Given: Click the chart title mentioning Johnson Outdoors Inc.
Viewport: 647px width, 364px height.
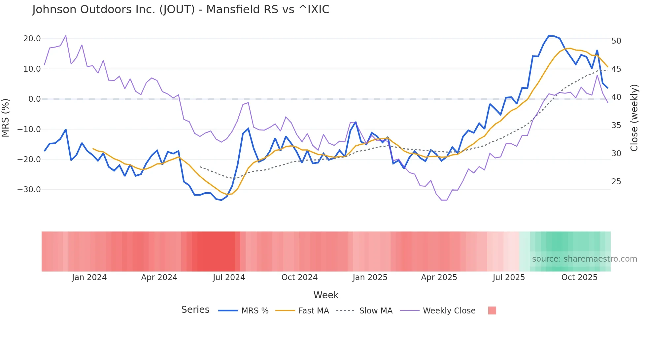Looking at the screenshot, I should tap(181, 10).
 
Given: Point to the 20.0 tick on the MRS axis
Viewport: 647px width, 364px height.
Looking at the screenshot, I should tap(32, 39).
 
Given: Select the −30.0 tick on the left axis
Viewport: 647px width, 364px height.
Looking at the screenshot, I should tap(29, 190).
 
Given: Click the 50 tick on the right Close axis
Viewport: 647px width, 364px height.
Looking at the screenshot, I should tap(616, 41).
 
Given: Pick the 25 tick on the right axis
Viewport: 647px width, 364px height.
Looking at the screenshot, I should tap(616, 182).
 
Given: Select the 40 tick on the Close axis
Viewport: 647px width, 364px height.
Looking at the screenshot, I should tap(616, 97).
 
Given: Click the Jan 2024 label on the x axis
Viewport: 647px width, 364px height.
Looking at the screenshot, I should tap(89, 277).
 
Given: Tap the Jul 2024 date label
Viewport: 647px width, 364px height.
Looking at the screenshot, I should tap(229, 277).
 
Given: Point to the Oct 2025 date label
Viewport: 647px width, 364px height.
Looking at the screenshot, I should tap(579, 277).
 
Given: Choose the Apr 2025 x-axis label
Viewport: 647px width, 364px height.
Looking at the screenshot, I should tap(439, 277).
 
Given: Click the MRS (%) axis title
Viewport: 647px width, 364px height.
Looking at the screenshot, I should tap(6, 118).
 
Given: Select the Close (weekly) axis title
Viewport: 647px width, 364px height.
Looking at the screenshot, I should tap(634, 118).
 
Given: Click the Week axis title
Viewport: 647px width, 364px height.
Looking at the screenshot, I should tap(326, 295).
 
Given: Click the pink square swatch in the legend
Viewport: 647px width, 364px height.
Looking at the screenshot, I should tap(492, 310).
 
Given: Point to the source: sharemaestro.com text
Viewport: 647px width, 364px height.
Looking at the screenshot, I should tap(584, 259).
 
